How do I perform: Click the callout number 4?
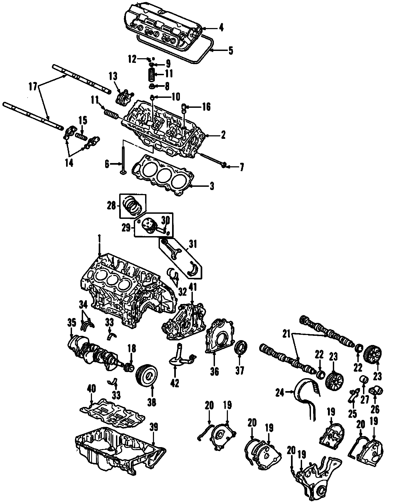click(221, 28)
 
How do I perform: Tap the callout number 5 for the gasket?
click(230, 51)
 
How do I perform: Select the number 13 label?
click(114, 77)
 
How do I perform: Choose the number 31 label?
click(193, 244)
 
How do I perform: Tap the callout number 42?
click(174, 383)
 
